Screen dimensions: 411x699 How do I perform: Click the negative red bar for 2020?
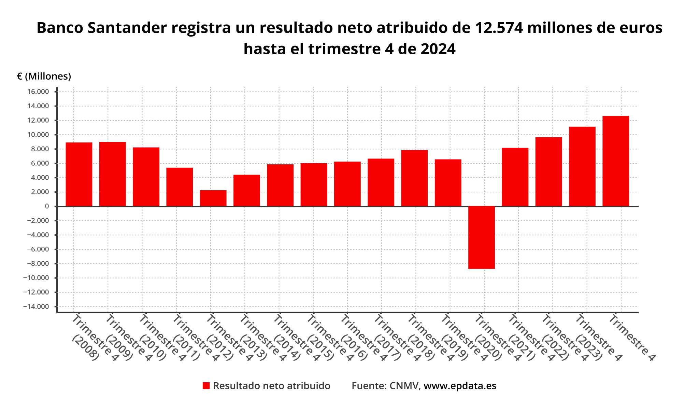481,237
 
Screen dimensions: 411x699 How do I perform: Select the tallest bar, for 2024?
615,161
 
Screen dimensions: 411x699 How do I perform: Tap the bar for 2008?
79,174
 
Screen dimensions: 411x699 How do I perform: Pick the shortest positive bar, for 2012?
213,198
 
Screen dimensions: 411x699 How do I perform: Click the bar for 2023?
582,166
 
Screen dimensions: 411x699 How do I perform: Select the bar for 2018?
414,178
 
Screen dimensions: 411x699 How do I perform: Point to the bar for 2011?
180,187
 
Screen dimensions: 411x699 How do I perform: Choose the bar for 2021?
515,177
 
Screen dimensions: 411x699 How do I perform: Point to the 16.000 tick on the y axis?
38,92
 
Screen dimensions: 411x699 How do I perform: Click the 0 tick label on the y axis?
46,206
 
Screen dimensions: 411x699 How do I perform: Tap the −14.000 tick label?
36,306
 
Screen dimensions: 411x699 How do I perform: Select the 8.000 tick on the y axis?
40,149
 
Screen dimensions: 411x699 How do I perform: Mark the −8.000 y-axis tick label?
37,263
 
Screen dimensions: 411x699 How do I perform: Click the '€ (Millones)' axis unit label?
44,76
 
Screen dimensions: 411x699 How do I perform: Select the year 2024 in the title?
438,49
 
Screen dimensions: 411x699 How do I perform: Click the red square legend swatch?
206,386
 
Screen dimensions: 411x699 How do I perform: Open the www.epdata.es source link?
460,386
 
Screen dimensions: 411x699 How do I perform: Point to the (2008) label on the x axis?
85,348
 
